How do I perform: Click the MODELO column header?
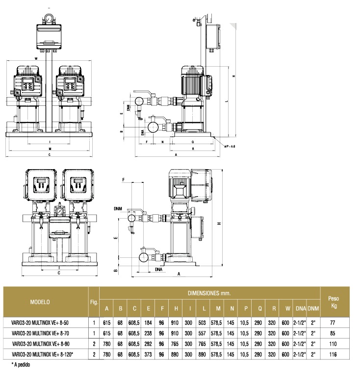tap(43, 302)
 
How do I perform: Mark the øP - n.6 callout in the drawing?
tap(230, 146)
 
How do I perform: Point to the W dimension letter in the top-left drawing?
tap(36, 58)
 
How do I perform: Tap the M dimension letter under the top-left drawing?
tap(50, 148)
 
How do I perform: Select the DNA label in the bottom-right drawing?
tap(159, 269)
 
